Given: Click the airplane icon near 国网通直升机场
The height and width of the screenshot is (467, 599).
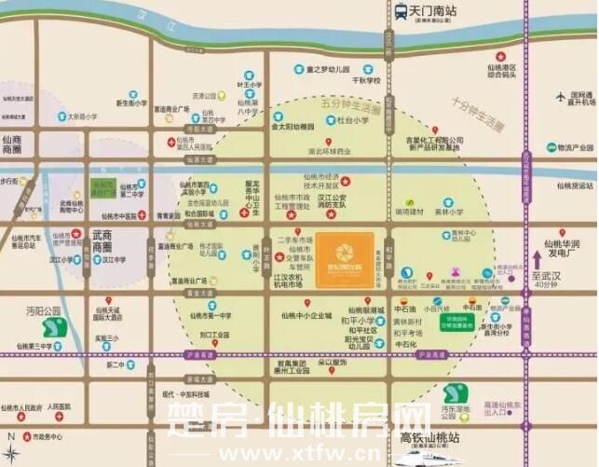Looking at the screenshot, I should (561, 96).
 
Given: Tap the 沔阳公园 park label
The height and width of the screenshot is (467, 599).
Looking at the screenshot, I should (43, 309).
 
